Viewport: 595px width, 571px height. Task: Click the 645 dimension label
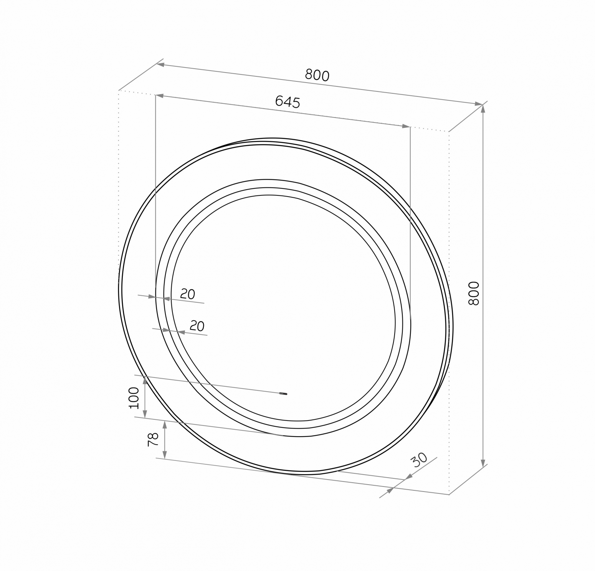pos(288,101)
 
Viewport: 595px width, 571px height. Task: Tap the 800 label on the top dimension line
pos(317,75)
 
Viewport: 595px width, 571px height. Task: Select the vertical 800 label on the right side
pos(474,293)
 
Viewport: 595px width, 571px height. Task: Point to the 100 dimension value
pos(134,398)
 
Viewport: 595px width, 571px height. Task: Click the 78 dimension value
pos(153,439)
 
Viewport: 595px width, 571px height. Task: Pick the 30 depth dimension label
pos(419,459)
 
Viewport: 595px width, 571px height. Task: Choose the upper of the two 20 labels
pos(188,294)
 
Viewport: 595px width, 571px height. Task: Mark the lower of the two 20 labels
pos(197,326)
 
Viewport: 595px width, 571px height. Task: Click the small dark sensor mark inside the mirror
pos(283,393)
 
